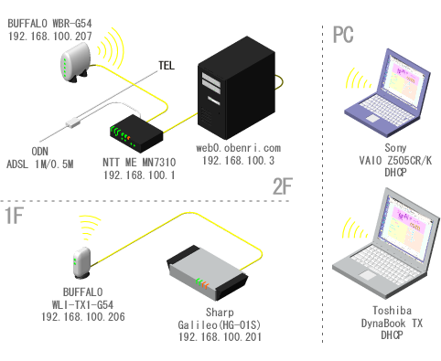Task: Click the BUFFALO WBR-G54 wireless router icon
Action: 75,62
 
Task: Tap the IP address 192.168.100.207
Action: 50,37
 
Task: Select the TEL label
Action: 167,66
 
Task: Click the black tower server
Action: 237,88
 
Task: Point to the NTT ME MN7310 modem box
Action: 136,133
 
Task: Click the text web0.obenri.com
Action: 239,148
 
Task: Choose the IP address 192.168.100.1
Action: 139,175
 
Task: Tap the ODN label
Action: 40,152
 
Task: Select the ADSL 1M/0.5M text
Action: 40,165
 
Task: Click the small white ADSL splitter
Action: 73,122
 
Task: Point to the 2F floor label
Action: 283,186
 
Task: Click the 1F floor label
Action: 15,216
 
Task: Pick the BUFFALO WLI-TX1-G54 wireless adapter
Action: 82,262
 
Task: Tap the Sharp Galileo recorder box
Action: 208,272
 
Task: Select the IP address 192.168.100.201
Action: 220,337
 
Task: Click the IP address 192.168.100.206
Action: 83,317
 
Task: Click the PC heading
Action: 343,35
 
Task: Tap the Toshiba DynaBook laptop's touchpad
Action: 368,275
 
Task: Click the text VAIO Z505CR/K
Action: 395,161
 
